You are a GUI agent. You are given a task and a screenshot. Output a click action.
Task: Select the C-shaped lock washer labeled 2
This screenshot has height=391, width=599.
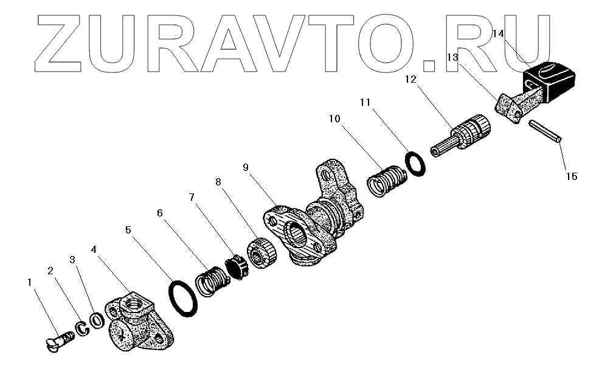point(81,329)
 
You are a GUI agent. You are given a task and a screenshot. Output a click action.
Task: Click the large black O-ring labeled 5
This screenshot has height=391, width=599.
point(183,298)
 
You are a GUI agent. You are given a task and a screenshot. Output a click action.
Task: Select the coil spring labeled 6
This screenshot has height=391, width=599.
point(212,280)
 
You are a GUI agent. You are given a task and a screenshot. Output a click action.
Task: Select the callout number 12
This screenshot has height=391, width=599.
point(410,79)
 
